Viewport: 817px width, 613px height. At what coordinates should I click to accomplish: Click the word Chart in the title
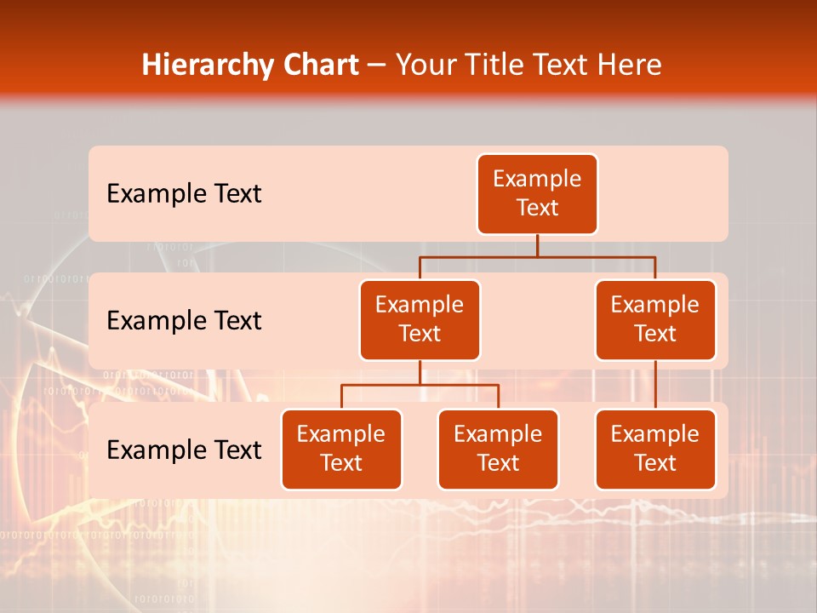pos(322,66)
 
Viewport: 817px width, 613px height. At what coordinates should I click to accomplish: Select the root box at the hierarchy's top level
pos(537,194)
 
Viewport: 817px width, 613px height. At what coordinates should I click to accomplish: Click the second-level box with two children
pos(420,320)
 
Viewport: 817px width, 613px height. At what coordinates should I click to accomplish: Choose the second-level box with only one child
pos(655,320)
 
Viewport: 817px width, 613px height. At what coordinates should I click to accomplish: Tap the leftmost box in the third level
pos(341,450)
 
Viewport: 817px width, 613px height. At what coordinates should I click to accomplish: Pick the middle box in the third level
pos(498,450)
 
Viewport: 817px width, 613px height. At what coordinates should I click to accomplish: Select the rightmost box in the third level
pos(655,450)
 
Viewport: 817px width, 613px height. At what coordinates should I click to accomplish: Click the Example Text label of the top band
pos(184,194)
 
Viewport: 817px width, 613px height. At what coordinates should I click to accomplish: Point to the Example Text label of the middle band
pos(184,321)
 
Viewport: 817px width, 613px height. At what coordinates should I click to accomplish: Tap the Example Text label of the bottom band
pos(184,450)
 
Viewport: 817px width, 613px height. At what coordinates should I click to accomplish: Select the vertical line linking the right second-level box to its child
pos(655,385)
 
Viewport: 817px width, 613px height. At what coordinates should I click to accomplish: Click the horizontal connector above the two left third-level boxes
pos(383,385)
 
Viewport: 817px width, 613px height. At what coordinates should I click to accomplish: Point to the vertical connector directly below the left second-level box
pos(420,372)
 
